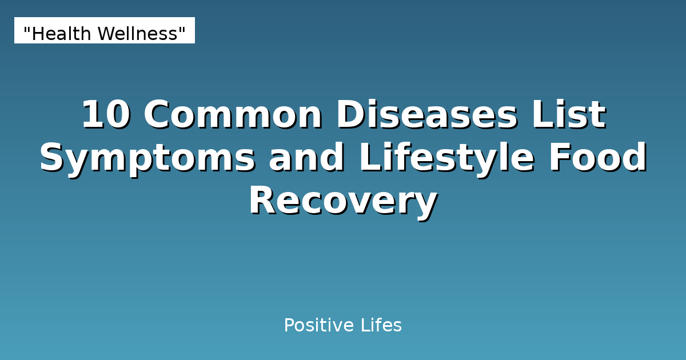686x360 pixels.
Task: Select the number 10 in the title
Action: coord(106,115)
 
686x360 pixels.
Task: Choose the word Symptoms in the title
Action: coord(147,159)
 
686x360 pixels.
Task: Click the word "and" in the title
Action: coord(307,159)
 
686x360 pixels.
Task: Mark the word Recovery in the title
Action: coord(343,202)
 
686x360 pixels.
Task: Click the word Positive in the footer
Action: coord(319,326)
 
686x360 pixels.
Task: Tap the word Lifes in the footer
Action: coord(381,326)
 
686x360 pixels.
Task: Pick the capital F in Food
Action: coord(560,159)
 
